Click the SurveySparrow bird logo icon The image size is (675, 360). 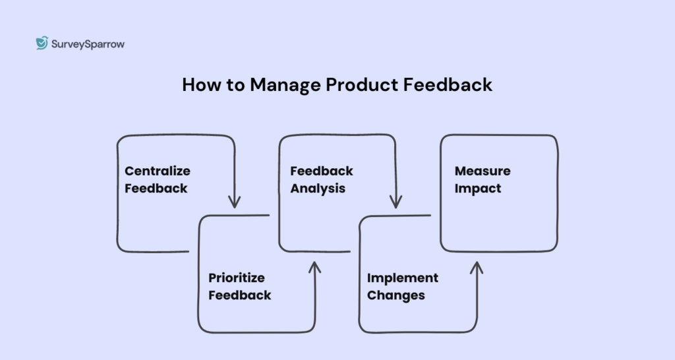pyautogui.click(x=42, y=44)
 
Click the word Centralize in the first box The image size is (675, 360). pyautogui.click(x=158, y=171)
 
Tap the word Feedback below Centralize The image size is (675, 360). pyautogui.click(x=156, y=188)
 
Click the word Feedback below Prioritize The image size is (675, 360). pyautogui.click(x=240, y=295)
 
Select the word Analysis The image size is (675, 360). pyautogui.click(x=318, y=188)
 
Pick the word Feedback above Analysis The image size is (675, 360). pyautogui.click(x=322, y=171)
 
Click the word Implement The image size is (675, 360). pyautogui.click(x=403, y=278)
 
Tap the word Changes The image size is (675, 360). pyautogui.click(x=396, y=295)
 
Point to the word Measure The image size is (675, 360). pyautogui.click(x=483, y=171)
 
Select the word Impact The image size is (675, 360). pyautogui.click(x=478, y=188)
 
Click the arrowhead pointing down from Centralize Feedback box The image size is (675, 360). pyautogui.click(x=234, y=202)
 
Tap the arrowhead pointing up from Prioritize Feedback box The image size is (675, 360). pyautogui.click(x=314, y=267)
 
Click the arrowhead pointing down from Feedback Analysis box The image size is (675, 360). pyautogui.click(x=396, y=202)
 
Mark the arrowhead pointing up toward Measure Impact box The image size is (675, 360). pyautogui.click(x=477, y=267)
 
